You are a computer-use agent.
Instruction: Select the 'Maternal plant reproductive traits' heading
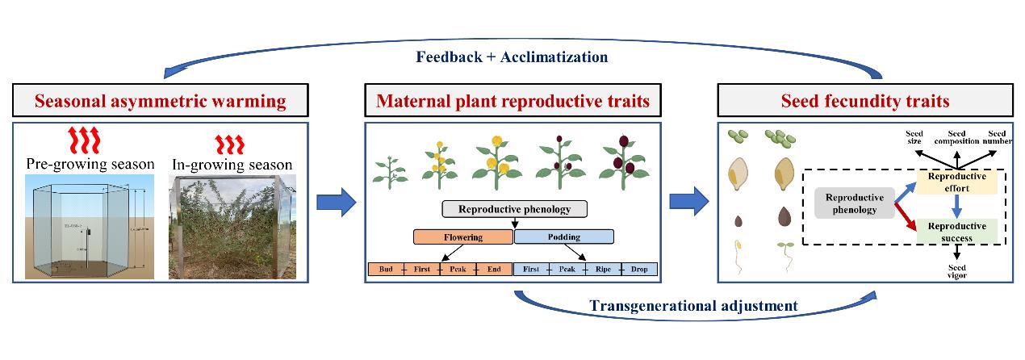pos(513,102)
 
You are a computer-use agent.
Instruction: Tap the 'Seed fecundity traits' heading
pos(864,102)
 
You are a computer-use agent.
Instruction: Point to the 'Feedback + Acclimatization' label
pos(512,57)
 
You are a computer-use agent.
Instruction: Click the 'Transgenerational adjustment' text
pos(693,306)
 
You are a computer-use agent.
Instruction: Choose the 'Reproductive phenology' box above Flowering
pos(515,209)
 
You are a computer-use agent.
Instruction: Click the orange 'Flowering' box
pos(462,237)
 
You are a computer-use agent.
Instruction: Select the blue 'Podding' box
pos(563,237)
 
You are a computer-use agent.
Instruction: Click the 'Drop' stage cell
pos(641,269)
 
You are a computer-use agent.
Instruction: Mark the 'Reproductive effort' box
pos(956,182)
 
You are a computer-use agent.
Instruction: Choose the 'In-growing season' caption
pos(233,165)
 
